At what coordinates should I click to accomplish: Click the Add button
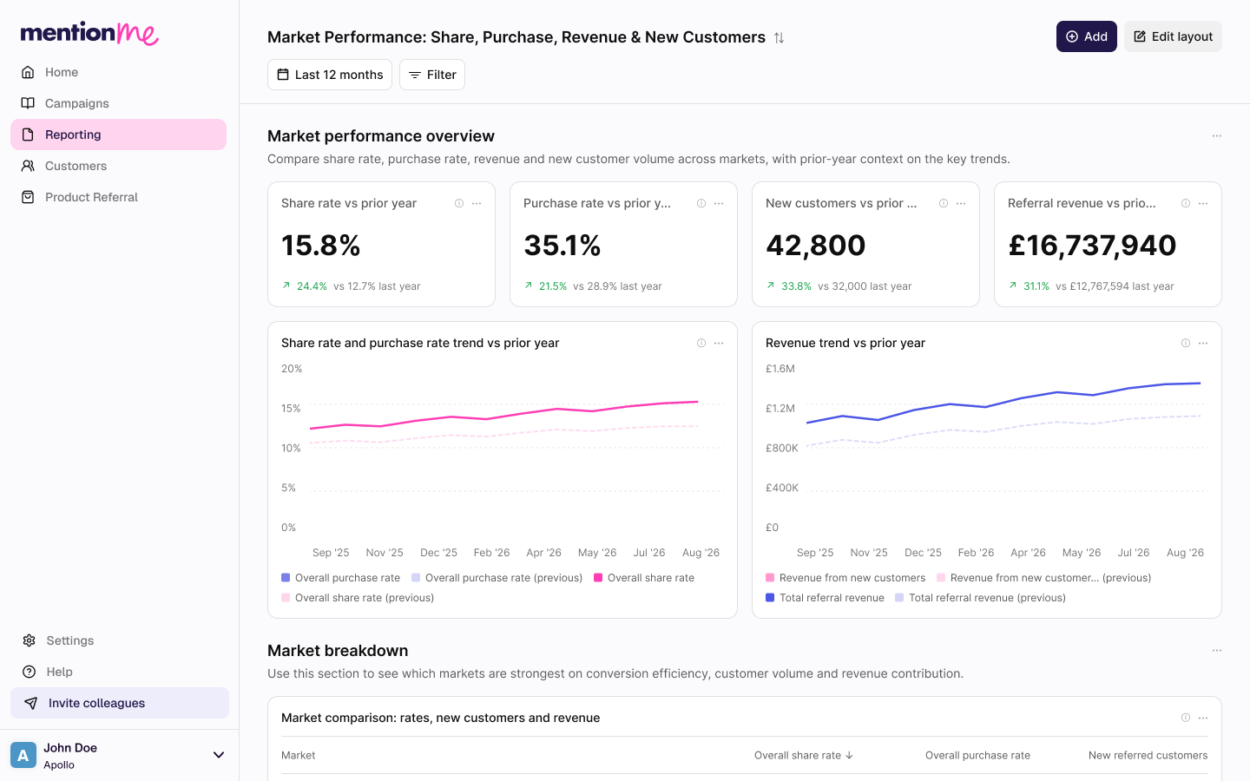coord(1086,36)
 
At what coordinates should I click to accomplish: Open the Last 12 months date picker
coord(329,75)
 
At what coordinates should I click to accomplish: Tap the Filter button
coord(432,75)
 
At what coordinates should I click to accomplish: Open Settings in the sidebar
coord(69,640)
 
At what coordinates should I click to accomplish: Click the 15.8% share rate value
coord(321,246)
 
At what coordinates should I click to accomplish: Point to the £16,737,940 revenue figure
coord(1092,246)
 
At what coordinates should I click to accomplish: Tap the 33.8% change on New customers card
coord(796,286)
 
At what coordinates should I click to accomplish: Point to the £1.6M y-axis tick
coord(780,369)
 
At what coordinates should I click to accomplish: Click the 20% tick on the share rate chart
coord(292,369)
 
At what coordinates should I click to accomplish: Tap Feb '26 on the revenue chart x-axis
coord(976,552)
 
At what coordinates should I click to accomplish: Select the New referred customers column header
coord(1148,755)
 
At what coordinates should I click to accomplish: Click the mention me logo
coord(90,33)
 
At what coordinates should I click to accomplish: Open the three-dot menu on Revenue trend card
coord(1203,343)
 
